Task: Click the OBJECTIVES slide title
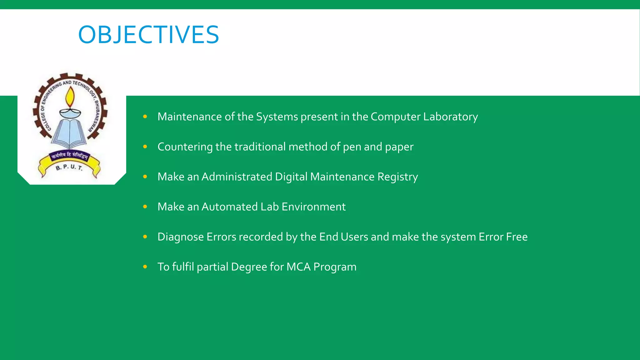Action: [x=148, y=34]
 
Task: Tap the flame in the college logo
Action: [x=70, y=97]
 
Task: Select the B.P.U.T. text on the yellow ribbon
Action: [x=69, y=167]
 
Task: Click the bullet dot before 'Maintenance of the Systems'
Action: [x=145, y=117]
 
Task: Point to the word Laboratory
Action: [x=450, y=117]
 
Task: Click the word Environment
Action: [x=313, y=207]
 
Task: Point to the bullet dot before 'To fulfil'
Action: [x=145, y=267]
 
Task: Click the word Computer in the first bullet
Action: [x=395, y=117]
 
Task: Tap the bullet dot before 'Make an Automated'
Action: [x=145, y=207]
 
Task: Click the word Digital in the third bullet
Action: [x=291, y=177]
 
